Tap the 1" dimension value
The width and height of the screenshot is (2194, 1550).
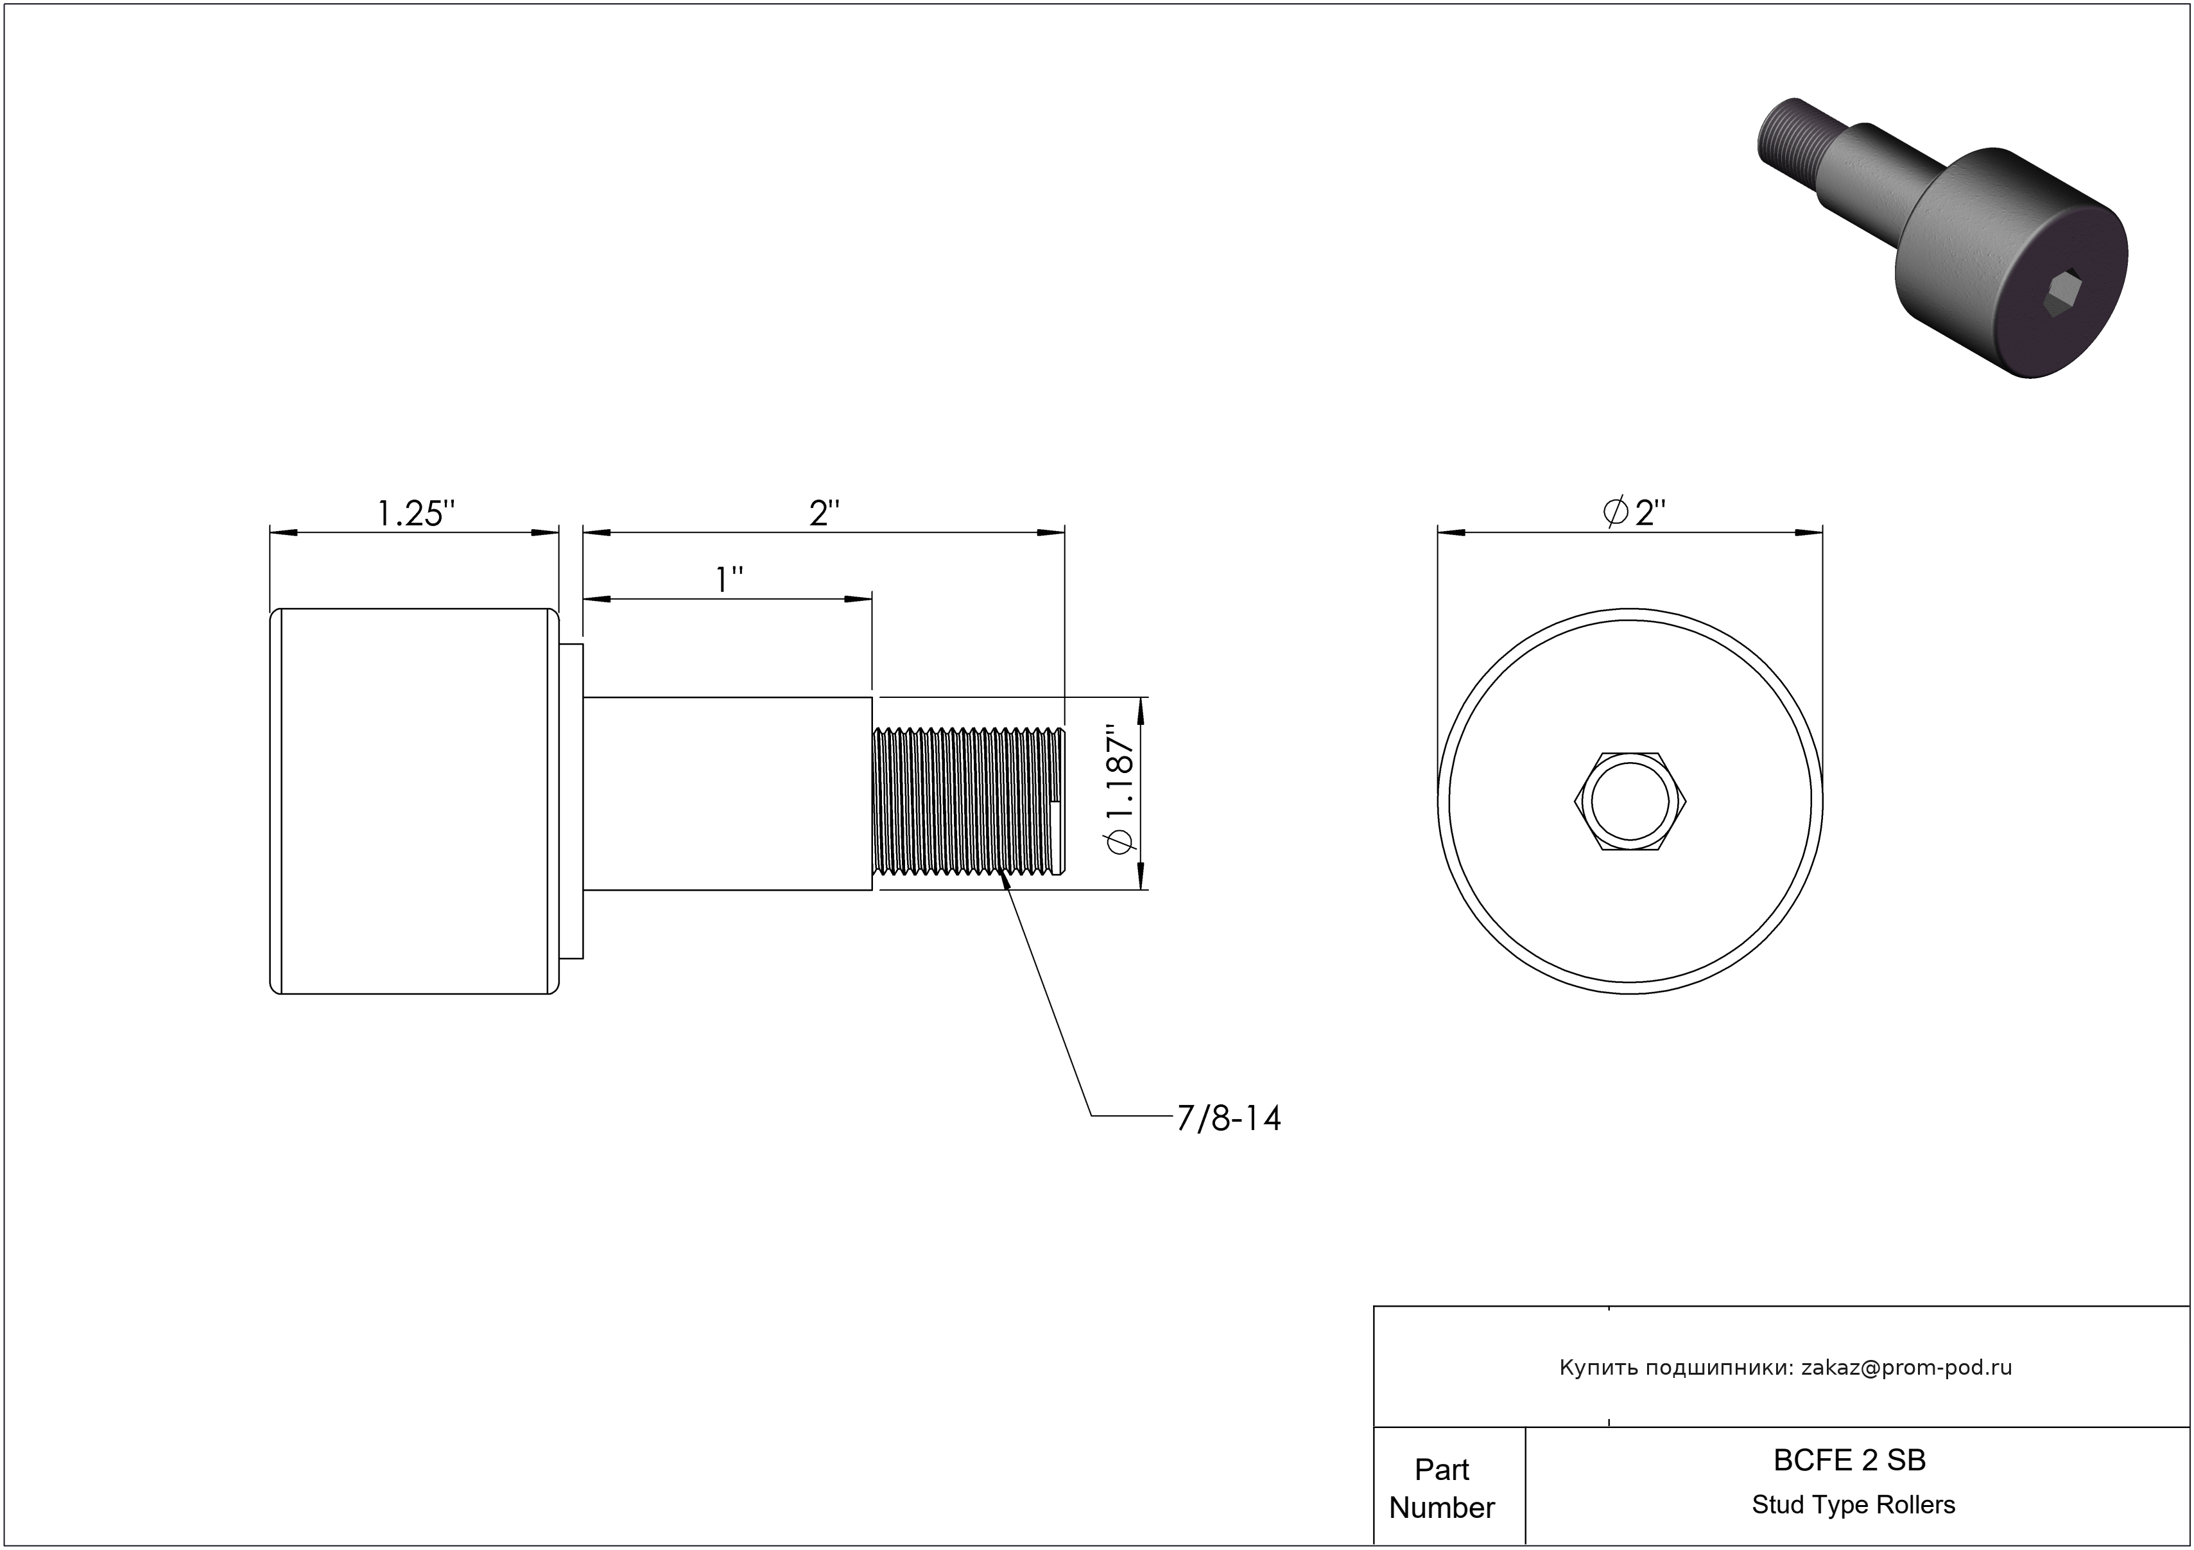pyautogui.click(x=730, y=580)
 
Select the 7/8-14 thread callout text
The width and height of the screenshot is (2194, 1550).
pyautogui.click(x=1228, y=1118)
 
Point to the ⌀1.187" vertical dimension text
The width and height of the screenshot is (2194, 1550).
pyautogui.click(x=1118, y=792)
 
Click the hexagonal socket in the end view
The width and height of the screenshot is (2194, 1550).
pyautogui.click(x=1629, y=801)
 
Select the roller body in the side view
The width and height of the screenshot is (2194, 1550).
pyautogui.click(x=415, y=801)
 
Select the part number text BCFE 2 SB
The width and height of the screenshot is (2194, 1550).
pyautogui.click(x=1849, y=1460)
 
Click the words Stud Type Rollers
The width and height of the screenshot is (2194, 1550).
pyautogui.click(x=1853, y=1505)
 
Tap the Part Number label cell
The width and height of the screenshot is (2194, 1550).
pyautogui.click(x=1442, y=1488)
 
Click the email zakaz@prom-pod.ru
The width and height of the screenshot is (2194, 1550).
pyautogui.click(x=1906, y=1368)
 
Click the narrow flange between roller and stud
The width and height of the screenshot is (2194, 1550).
pyautogui.click(x=571, y=801)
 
